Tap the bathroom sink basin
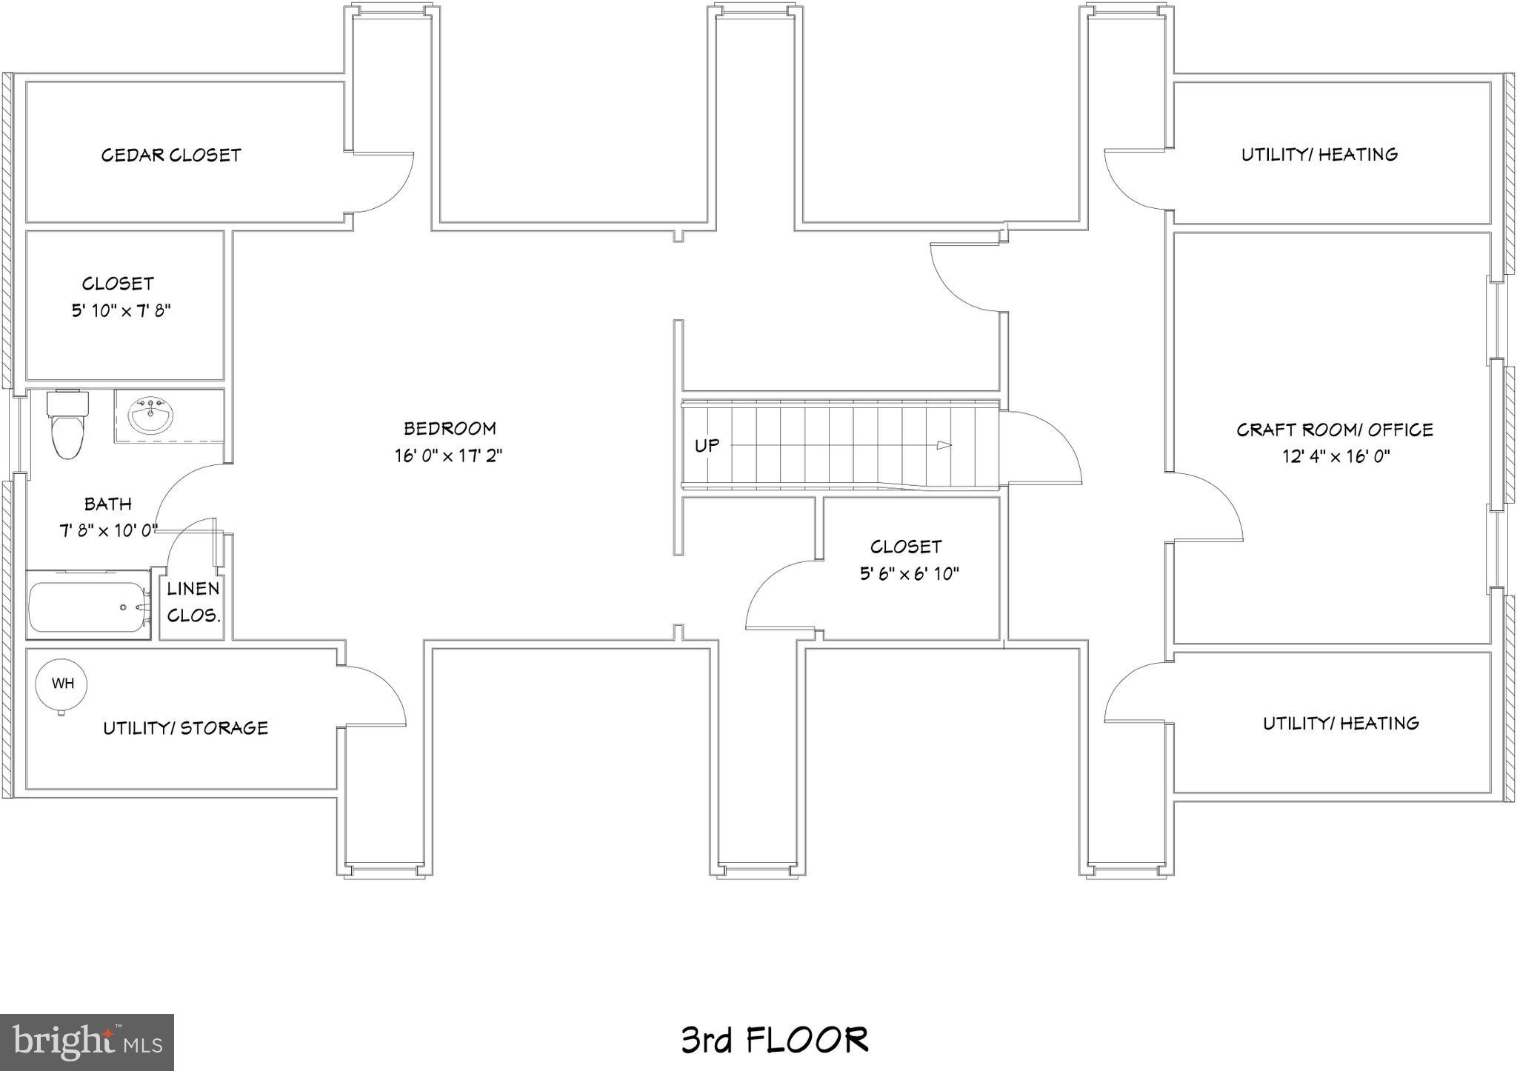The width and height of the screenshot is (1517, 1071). tap(151, 416)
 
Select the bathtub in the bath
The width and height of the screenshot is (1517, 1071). tap(89, 607)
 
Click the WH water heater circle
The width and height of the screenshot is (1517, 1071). tap(62, 684)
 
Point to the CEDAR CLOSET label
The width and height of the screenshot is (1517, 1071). tap(171, 155)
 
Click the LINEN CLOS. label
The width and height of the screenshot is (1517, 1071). tap(193, 601)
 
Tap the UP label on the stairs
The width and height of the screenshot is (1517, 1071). tap(707, 445)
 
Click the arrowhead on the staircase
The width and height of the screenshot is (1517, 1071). tap(944, 445)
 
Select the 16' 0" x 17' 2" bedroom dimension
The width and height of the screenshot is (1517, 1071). tap(448, 455)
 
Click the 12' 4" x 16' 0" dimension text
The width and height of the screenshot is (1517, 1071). tap(1336, 456)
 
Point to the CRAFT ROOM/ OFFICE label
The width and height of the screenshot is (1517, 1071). tap(1334, 430)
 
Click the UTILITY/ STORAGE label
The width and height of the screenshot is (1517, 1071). tap(185, 728)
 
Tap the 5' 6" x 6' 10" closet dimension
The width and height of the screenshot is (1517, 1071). tap(909, 573)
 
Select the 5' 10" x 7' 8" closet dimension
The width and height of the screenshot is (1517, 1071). tap(121, 310)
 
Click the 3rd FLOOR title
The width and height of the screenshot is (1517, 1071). tap(774, 1039)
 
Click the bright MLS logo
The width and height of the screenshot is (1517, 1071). tap(87, 1042)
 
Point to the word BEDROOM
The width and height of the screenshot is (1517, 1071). tap(450, 428)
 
